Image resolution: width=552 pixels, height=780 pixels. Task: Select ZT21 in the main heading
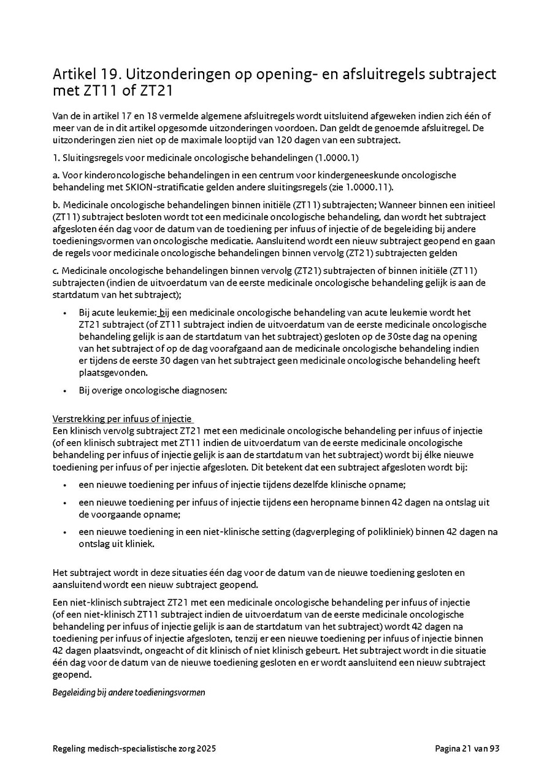click(155, 91)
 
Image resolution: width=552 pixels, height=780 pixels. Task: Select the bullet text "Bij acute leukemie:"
click(118, 312)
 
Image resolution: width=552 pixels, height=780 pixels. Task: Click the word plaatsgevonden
click(113, 372)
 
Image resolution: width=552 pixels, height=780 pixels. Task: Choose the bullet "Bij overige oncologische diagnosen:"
click(153, 390)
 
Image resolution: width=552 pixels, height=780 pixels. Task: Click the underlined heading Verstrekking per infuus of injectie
click(123, 419)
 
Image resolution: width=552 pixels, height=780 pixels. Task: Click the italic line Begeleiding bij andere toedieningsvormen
click(129, 692)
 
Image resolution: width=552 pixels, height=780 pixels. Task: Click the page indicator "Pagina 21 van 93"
click(467, 749)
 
